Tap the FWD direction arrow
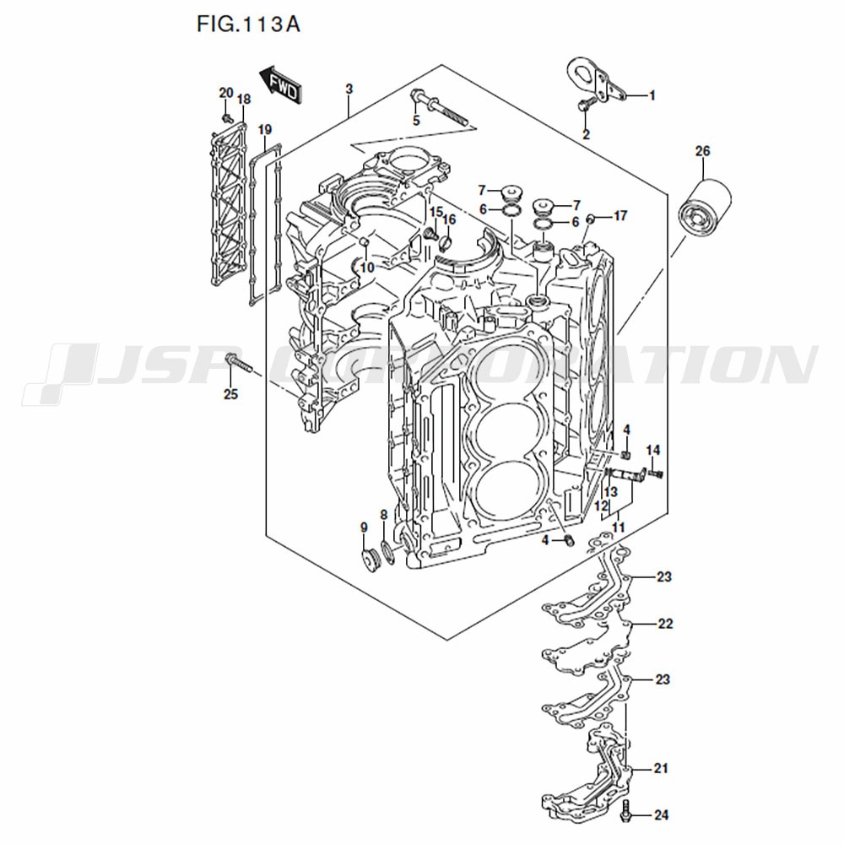point(279,85)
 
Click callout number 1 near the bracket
point(652,96)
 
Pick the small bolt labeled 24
point(626,814)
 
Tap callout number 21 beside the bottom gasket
point(661,769)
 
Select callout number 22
point(665,625)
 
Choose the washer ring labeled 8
point(388,553)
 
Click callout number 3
point(349,89)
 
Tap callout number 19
point(265,129)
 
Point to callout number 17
point(620,216)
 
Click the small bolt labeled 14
point(657,473)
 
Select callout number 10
point(366,268)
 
